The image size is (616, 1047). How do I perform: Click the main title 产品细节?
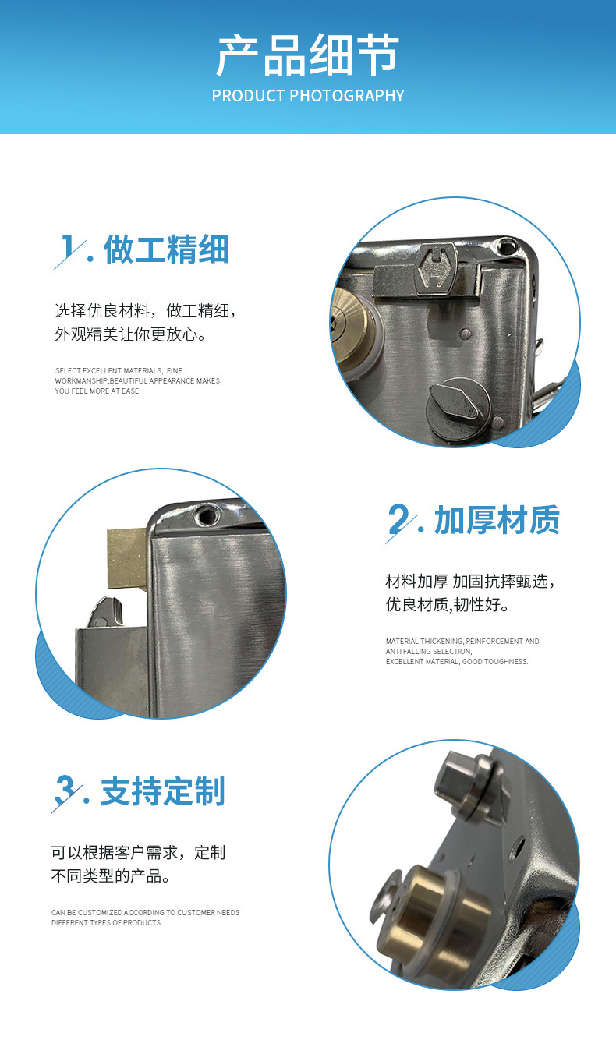click(x=307, y=55)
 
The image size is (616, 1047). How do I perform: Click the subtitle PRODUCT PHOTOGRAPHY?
click(x=308, y=96)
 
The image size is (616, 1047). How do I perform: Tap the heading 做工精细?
click(x=166, y=249)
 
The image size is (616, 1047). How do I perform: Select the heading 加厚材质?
click(x=497, y=520)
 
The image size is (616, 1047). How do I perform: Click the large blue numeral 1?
click(x=69, y=247)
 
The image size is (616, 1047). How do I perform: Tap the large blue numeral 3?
click(x=65, y=790)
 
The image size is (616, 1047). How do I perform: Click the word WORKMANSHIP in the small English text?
click(x=81, y=381)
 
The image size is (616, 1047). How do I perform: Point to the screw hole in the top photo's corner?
click(x=507, y=245)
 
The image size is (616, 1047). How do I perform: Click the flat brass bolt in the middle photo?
click(x=128, y=558)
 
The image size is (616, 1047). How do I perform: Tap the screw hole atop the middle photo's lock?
click(x=206, y=515)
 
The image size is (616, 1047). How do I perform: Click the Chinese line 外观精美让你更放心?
click(x=131, y=334)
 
